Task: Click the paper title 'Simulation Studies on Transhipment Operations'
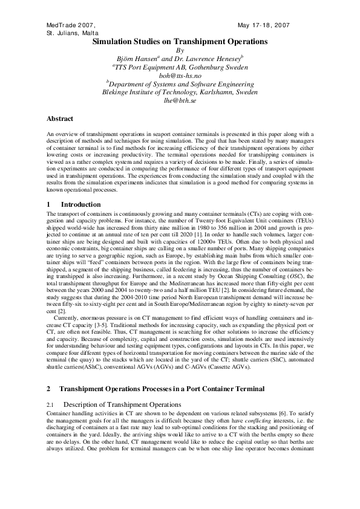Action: pyautogui.click(x=180, y=42)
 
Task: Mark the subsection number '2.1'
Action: pyautogui.click(x=51, y=403)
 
